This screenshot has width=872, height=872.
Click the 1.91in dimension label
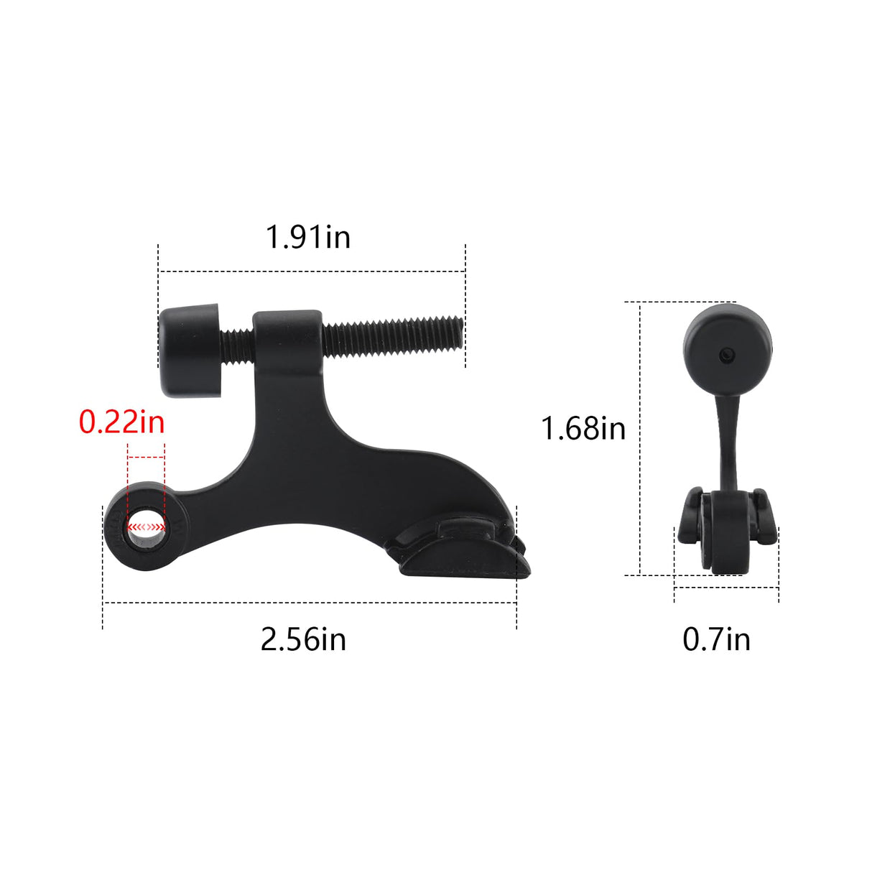point(308,237)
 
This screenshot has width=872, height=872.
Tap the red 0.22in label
point(122,422)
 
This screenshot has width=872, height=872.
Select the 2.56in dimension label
point(303,639)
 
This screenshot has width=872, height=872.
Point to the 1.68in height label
point(583,429)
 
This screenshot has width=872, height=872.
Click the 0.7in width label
point(716,639)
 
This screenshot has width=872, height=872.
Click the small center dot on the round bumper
point(727,353)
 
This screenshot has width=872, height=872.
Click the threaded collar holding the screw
point(287,338)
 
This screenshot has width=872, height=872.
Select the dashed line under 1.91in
point(312,272)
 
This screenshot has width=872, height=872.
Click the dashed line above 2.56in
point(310,603)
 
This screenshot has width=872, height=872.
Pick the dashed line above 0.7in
point(726,588)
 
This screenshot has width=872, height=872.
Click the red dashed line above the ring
point(146,456)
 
